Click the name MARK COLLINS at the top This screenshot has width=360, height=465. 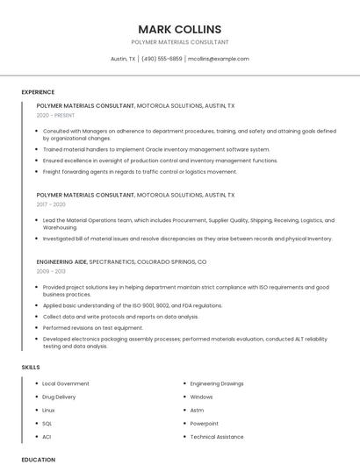[x=179, y=29]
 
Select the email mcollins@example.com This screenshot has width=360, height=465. [x=219, y=59]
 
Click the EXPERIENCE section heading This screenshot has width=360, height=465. [x=38, y=92]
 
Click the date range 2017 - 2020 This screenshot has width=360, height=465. [x=51, y=204]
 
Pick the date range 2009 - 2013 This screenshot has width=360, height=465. [x=51, y=271]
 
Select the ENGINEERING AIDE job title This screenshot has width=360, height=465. [x=61, y=261]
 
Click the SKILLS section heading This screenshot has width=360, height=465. [x=31, y=367]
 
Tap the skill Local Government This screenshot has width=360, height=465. [x=66, y=383]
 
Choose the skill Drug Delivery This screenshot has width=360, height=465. [x=60, y=397]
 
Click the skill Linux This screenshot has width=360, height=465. [x=48, y=410]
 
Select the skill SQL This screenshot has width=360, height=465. [x=47, y=423]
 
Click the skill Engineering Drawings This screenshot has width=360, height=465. [x=217, y=383]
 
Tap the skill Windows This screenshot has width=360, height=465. [x=201, y=397]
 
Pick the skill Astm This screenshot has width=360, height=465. [x=197, y=410]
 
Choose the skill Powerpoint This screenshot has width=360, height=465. [x=204, y=423]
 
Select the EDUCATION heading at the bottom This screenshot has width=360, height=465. [x=39, y=459]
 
